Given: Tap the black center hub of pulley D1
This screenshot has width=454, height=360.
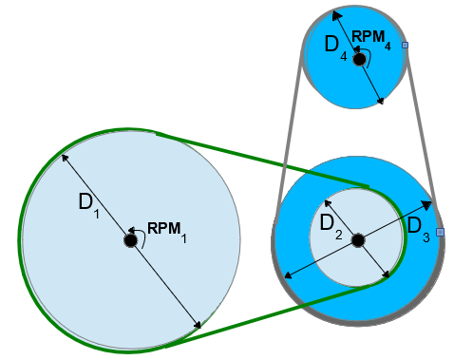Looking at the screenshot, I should coord(130,241).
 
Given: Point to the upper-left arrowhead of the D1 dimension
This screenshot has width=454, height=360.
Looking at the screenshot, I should coord(64,157).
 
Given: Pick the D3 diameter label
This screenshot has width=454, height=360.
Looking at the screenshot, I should coord(418,228).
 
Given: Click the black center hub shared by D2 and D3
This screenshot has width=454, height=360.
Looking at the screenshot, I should coord(358,241).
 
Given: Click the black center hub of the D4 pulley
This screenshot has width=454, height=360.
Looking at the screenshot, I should coord(359,60).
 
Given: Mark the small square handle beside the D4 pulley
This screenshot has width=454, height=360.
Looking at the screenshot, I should coord(406,46).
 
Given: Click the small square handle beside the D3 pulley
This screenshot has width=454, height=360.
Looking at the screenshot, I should coord(440,232).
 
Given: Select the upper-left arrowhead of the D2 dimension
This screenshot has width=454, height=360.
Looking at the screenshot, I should coord(327,202).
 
